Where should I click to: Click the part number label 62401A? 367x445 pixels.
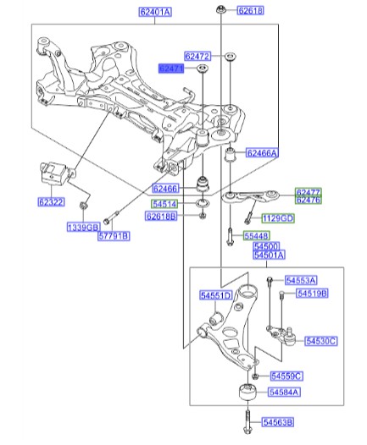(x=155, y=12)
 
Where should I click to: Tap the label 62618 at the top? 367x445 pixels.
(x=250, y=11)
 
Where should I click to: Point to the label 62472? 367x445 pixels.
(x=197, y=56)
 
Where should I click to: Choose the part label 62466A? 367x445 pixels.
(x=263, y=153)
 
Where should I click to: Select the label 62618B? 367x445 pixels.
(x=161, y=217)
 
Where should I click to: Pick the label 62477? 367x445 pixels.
(x=308, y=192)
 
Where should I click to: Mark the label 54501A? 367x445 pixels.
(x=270, y=254)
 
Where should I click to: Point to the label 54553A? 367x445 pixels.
(x=300, y=280)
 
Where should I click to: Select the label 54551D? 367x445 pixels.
(x=216, y=295)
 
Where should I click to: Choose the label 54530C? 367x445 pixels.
(x=321, y=341)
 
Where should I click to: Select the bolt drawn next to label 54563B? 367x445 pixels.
(x=245, y=420)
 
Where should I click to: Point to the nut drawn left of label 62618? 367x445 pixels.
(x=220, y=10)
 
